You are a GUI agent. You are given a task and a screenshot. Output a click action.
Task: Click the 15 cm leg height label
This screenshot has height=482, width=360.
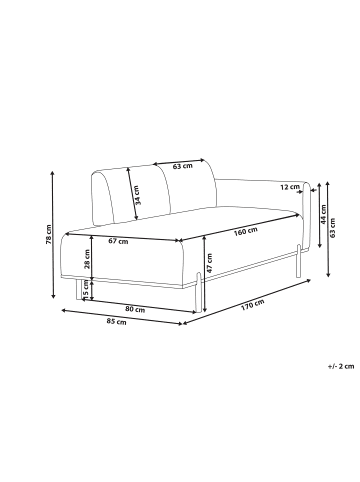[86, 288]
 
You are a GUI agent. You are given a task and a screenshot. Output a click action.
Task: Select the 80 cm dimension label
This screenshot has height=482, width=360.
[138, 310]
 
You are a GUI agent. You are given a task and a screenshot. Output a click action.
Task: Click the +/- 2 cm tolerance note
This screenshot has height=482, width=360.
[339, 367]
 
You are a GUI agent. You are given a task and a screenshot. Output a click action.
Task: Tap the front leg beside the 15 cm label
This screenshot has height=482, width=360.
[77, 288]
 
